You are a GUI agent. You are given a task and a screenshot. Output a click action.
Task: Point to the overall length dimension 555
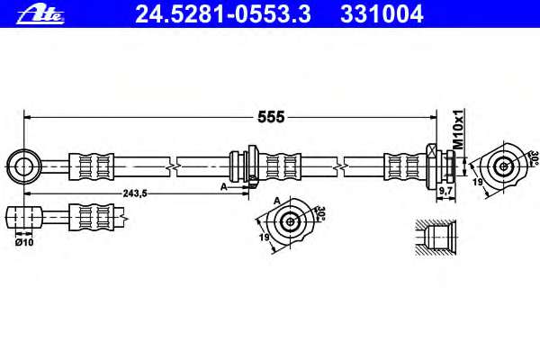(270, 116)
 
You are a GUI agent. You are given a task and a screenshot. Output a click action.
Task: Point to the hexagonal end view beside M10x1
(504, 166)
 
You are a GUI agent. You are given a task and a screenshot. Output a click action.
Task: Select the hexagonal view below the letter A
(290, 222)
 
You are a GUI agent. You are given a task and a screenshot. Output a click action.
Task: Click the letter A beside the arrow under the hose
(222, 186)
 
